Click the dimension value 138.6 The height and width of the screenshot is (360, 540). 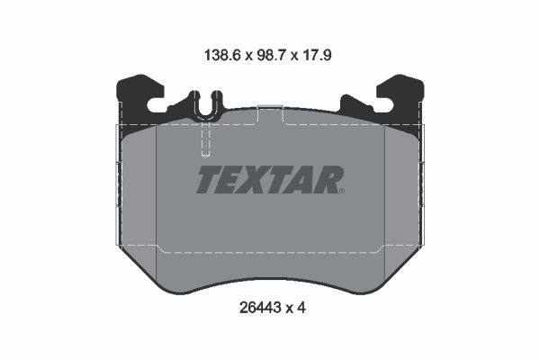pyautogui.click(x=220, y=53)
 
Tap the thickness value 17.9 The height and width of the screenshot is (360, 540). pyautogui.click(x=317, y=53)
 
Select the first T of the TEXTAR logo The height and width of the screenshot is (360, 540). pyautogui.click(x=207, y=180)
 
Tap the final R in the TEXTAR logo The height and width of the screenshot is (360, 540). pyautogui.click(x=326, y=180)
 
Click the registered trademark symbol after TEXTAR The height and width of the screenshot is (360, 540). pyautogui.click(x=342, y=191)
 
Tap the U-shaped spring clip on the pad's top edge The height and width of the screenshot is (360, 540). pyautogui.click(x=207, y=106)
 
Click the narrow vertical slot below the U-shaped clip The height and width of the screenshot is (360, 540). pyautogui.click(x=207, y=139)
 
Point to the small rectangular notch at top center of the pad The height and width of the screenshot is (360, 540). pyautogui.click(x=271, y=112)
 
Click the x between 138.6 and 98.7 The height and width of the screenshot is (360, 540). pyautogui.click(x=244, y=53)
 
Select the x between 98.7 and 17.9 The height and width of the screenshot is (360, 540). pyautogui.click(x=292, y=53)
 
